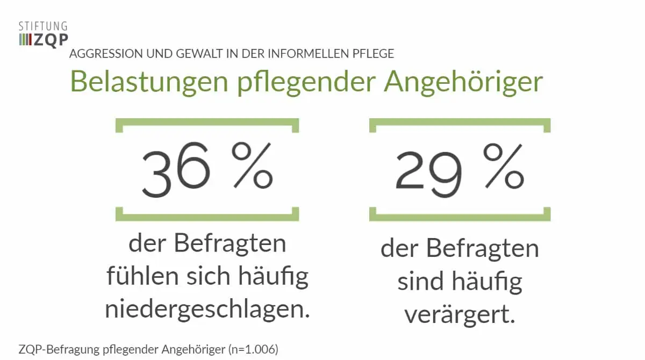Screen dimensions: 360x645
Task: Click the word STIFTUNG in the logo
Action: (x=43, y=26)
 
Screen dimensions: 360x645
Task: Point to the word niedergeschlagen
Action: (x=207, y=310)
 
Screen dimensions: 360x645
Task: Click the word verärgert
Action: (x=460, y=315)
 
